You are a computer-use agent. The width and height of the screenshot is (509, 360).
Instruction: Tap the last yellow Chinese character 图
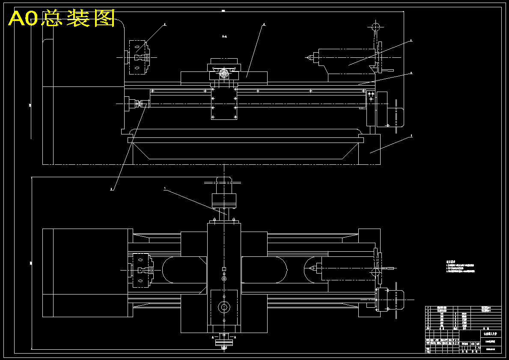(104, 18)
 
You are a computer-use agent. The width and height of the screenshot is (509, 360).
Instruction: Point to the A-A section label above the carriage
(224, 37)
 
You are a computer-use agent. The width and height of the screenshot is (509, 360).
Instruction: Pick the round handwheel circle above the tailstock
(375, 27)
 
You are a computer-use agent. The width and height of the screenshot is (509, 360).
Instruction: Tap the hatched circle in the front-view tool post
(224, 73)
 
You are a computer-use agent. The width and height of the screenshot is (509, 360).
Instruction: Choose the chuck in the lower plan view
(140, 270)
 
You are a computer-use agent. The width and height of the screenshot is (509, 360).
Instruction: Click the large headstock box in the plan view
(87, 273)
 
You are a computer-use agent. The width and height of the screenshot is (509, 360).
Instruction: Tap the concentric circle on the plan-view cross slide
(224, 307)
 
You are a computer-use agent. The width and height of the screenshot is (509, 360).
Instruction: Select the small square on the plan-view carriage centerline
(224, 269)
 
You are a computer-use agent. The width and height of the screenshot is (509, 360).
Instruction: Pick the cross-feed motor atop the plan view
(224, 199)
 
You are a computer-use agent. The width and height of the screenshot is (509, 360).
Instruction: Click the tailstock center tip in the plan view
(311, 269)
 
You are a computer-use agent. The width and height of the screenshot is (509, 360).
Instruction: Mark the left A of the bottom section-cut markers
(213, 337)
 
